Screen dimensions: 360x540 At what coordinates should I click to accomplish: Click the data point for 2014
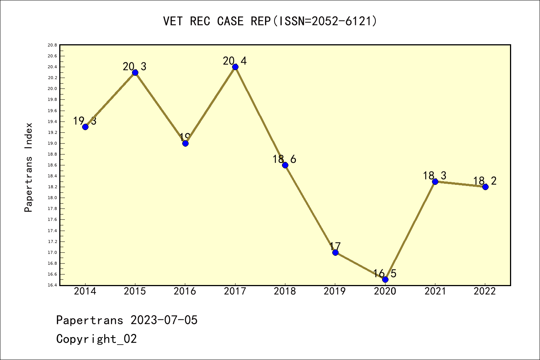(85, 127)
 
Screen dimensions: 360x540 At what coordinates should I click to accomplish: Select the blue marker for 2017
(235, 67)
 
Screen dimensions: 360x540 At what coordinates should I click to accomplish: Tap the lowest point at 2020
(385, 279)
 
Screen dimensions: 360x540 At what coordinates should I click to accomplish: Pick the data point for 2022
(485, 187)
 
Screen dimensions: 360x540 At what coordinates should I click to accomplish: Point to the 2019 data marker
(335, 252)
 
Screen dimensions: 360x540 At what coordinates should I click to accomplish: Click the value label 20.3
(135, 67)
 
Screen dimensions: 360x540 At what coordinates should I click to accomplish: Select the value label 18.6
(284, 159)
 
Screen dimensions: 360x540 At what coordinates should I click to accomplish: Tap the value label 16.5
(385, 274)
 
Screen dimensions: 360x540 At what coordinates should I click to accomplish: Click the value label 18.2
(485, 181)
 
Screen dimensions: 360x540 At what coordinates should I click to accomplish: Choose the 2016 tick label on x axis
(185, 291)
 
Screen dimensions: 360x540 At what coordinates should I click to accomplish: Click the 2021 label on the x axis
(435, 291)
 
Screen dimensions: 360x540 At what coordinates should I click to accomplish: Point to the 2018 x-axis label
(285, 291)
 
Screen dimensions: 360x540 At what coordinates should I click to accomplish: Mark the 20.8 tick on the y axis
(52, 45)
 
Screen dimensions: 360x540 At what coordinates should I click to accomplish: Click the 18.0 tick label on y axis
(52, 198)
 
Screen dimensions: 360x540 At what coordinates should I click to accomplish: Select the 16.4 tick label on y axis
(52, 285)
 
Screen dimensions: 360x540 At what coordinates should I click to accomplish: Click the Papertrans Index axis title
(28, 167)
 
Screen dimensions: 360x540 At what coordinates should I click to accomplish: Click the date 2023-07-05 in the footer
(164, 320)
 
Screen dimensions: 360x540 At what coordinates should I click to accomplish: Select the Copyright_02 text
(96, 339)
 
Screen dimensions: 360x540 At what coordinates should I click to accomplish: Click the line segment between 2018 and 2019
(310, 208)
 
